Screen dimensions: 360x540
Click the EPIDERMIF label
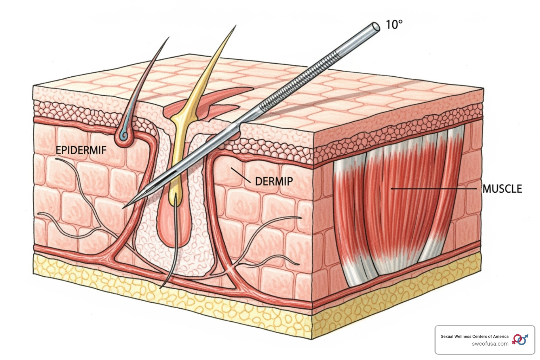(x=81, y=150)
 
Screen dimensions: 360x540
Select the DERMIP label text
(x=274, y=181)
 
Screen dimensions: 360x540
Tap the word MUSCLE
(x=502, y=189)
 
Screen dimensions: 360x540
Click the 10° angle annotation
(x=394, y=25)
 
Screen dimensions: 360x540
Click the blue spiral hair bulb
(x=124, y=136)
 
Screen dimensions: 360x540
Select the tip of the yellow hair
(x=236, y=26)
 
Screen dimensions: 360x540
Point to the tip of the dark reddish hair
(x=168, y=38)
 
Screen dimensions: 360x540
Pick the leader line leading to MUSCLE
(x=436, y=189)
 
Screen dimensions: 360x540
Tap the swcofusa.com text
(x=490, y=344)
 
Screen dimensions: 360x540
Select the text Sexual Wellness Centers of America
(x=474, y=336)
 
